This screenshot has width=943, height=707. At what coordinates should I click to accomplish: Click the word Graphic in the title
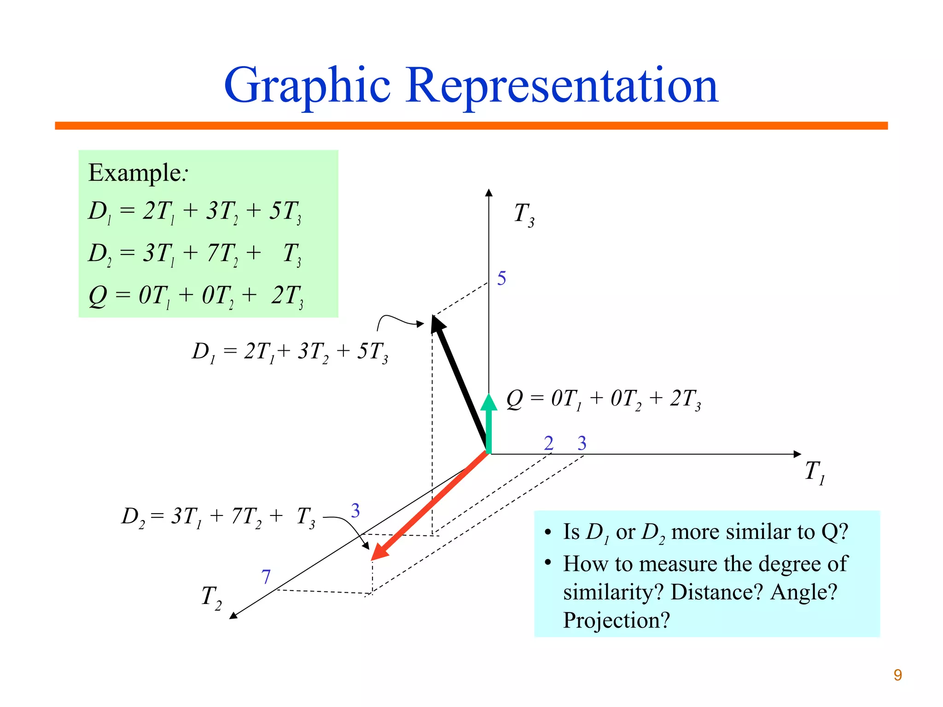pos(307,87)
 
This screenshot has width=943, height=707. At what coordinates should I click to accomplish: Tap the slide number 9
pos(897,675)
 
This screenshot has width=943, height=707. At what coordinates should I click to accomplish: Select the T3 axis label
pos(524,214)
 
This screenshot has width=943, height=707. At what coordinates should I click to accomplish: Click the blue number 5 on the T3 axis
pos(501,278)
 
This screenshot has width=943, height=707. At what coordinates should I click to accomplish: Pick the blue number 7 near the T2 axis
pos(266,577)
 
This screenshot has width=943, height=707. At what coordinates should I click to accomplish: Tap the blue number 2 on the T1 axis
pos(548,443)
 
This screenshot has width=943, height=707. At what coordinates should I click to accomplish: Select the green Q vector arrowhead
pos(489,402)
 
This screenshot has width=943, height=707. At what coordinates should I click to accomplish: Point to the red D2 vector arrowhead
pos(378,553)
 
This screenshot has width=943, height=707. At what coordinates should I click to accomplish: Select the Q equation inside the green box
pos(196,296)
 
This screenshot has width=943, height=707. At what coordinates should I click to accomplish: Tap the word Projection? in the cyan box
pos(617,620)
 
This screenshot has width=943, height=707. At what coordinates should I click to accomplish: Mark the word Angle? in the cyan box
pos(803,592)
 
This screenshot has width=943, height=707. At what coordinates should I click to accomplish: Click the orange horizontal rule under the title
pos(471,126)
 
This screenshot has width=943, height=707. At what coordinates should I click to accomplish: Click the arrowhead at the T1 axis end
pos(797,454)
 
